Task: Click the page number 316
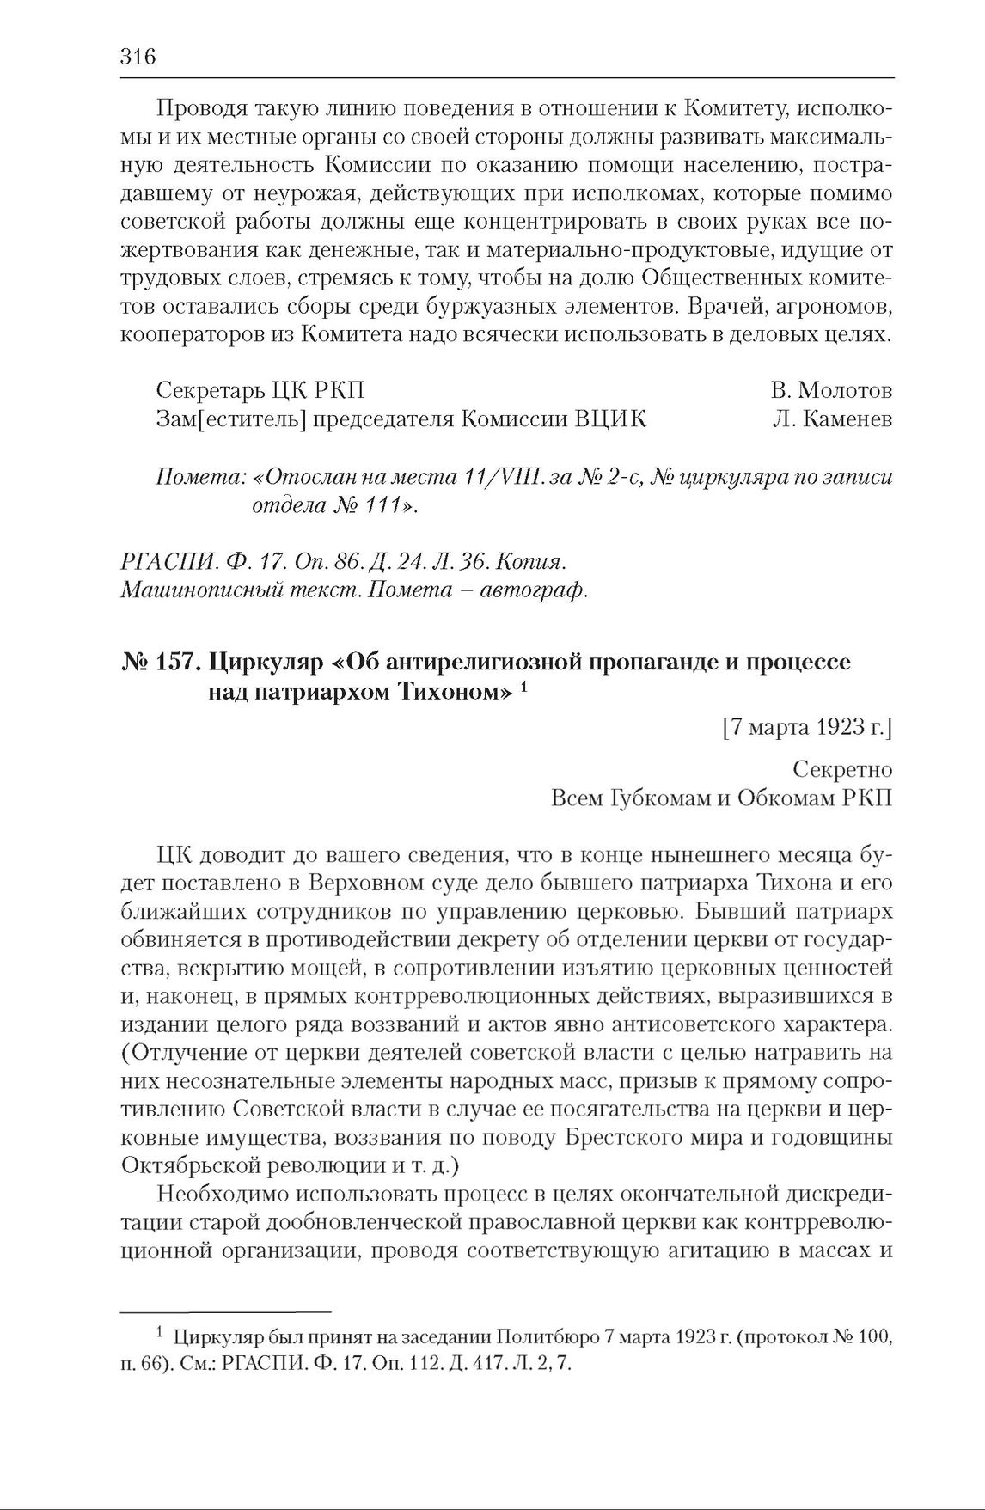click(x=138, y=58)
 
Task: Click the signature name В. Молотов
click(x=831, y=390)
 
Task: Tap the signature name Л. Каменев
click(x=832, y=419)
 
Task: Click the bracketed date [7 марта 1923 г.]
click(x=807, y=729)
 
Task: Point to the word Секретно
click(x=843, y=769)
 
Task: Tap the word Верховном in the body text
click(x=375, y=883)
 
